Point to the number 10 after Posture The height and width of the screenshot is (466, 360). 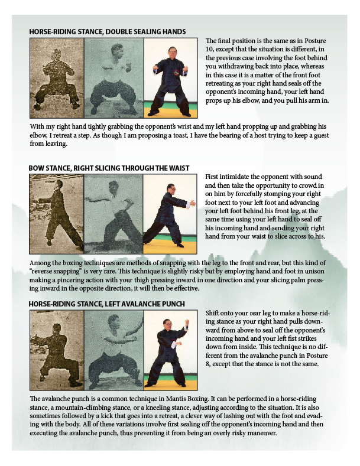pos(209,50)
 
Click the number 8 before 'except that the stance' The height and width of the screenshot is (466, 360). pos(207,364)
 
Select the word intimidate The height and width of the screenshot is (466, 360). pos(234,177)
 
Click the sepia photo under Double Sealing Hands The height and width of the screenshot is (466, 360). pos(57,78)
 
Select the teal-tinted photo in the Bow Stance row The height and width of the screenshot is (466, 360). pos(113,214)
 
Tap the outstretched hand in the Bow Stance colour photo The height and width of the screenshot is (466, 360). pos(193,204)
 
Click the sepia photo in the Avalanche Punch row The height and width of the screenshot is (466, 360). pos(57,350)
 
